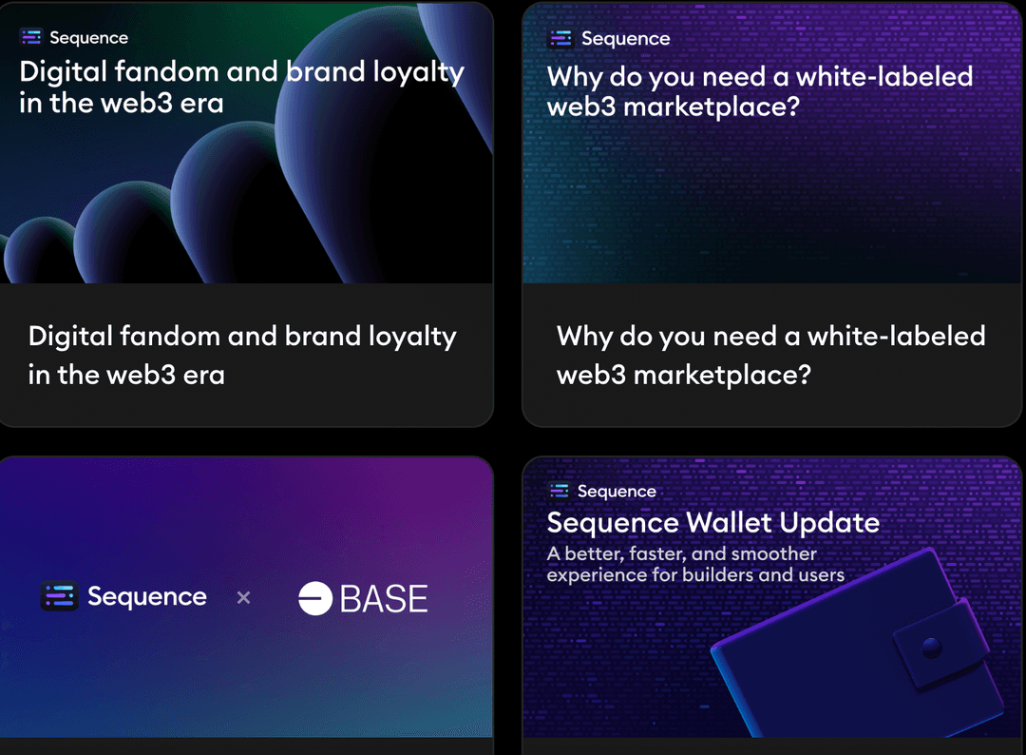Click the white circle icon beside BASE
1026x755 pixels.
[x=315, y=598]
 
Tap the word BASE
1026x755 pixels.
[x=384, y=598]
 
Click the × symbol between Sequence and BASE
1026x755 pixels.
[x=243, y=597]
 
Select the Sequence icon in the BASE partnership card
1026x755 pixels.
[x=60, y=596]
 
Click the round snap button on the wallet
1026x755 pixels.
[x=931, y=649]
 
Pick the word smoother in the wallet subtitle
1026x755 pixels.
[x=774, y=554]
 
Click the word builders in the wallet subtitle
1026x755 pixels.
[x=718, y=575]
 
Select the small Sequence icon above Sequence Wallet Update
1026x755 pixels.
[x=560, y=491]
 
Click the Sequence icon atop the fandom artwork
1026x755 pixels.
[x=30, y=37]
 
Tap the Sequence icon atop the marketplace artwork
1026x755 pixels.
[x=560, y=39]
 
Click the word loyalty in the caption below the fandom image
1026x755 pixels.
[x=412, y=338]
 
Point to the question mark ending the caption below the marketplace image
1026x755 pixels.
[x=805, y=374]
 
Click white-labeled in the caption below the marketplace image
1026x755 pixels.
[x=897, y=336]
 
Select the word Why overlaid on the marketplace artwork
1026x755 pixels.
[x=575, y=78]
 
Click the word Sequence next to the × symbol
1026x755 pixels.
[x=147, y=596]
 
